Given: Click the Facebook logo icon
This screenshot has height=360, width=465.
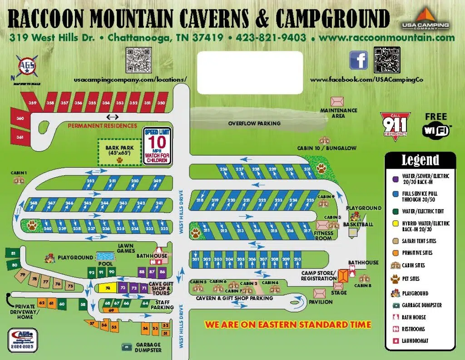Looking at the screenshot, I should [358, 60].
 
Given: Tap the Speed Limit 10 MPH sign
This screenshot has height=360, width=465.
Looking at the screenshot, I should [158, 145].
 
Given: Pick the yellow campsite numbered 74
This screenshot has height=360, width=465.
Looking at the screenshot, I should [107, 288].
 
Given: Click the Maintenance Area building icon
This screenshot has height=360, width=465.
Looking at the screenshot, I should [337, 101].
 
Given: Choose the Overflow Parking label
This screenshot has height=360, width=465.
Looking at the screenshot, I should [254, 123].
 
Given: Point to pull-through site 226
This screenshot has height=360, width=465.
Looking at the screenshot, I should [223, 169].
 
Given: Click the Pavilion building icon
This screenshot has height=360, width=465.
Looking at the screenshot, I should [320, 293].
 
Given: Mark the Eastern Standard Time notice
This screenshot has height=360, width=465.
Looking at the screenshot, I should [287, 325].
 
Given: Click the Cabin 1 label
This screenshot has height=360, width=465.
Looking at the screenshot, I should [19, 173].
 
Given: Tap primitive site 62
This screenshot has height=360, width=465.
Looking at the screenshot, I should [42, 303].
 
